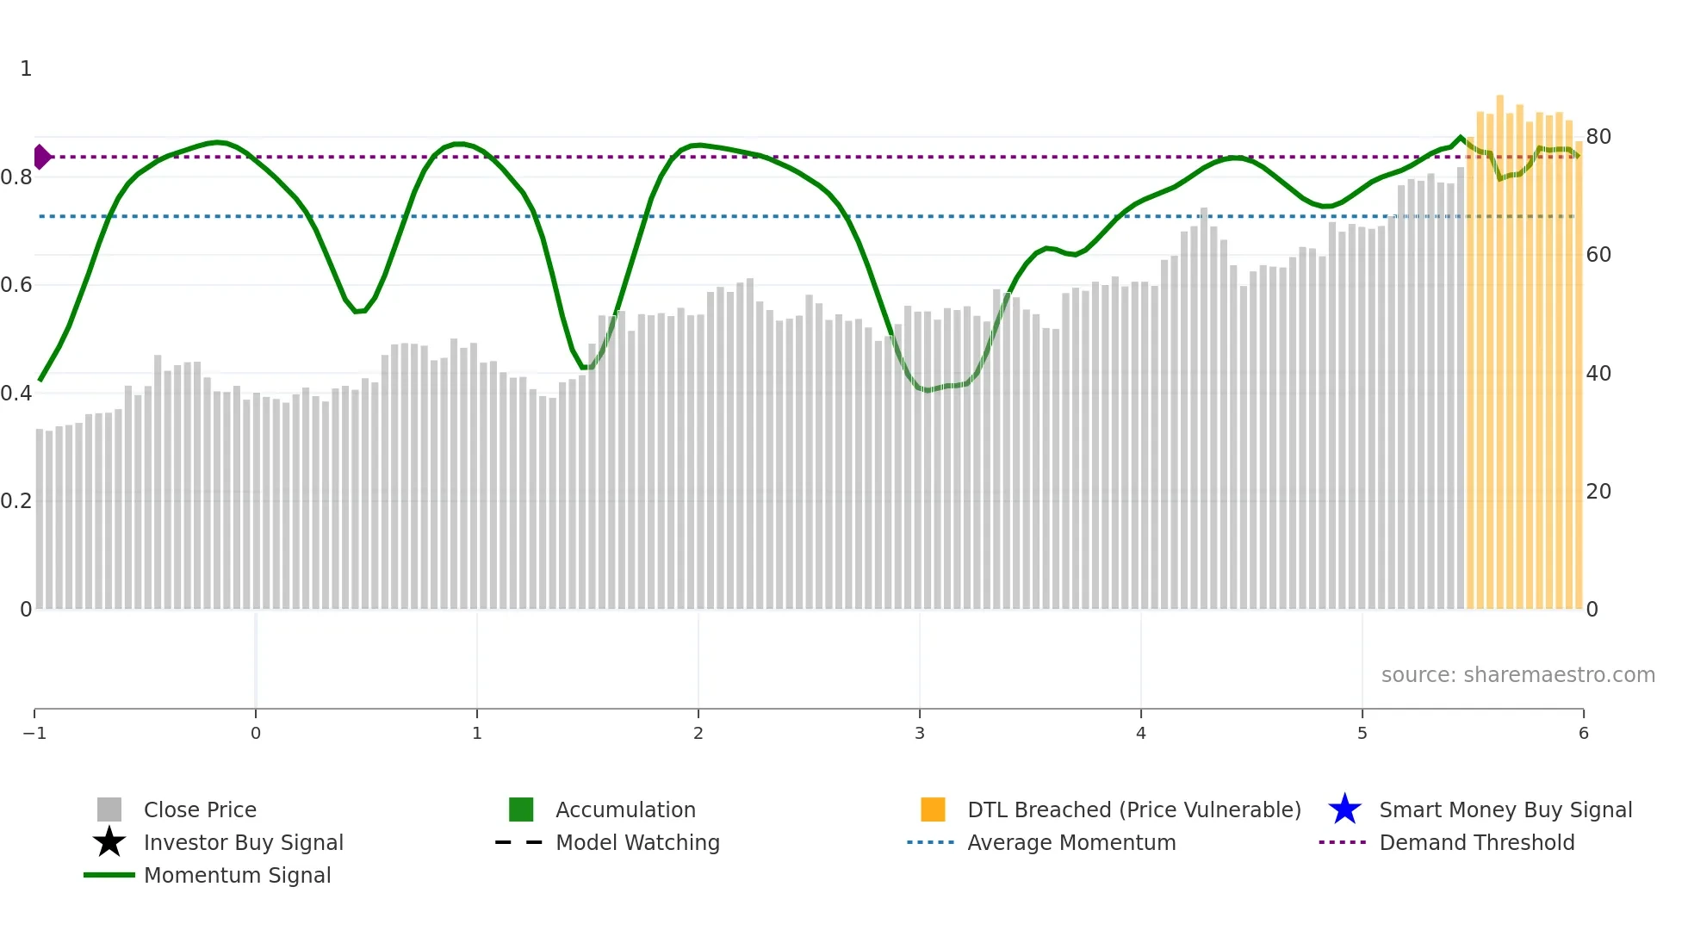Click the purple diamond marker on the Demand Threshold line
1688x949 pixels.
(41, 157)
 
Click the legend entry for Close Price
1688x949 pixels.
(200, 809)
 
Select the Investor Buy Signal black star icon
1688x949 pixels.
(109, 842)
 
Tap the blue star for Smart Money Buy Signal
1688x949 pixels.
(1344, 809)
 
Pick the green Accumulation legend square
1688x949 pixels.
(521, 809)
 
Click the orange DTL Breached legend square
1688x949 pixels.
(933, 809)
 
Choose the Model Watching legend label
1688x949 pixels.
(637, 842)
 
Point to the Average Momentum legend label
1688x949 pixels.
(1071, 842)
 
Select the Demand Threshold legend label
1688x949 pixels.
(1476, 842)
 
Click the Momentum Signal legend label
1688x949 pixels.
(237, 875)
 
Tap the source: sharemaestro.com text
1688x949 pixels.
(1517, 674)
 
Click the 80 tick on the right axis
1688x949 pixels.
(1598, 136)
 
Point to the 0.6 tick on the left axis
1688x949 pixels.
(16, 284)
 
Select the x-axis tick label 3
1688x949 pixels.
(920, 733)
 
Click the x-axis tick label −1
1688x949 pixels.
(34, 733)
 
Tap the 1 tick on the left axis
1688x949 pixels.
(26, 68)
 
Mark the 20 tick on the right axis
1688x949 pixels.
(1598, 491)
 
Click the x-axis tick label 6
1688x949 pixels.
(1583, 733)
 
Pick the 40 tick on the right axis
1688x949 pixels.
(1598, 373)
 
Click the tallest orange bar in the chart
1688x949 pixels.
(1499, 344)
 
